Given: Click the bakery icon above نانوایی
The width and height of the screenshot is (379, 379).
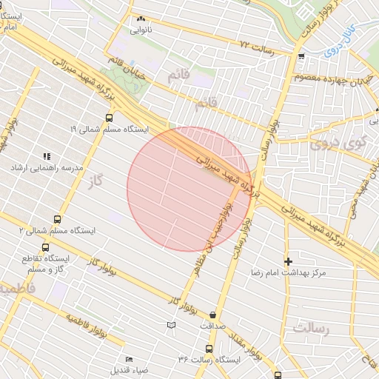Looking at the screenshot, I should point(141,19).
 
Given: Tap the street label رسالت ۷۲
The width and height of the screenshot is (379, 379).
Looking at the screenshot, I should point(256,46).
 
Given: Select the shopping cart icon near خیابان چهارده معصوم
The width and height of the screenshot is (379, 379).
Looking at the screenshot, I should point(301,56).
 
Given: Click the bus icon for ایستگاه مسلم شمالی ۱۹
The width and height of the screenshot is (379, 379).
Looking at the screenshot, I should point(110,118).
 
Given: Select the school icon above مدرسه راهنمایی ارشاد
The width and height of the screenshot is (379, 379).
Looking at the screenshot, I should point(46,156).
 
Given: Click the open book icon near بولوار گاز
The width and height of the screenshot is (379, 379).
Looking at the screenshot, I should point(172,324).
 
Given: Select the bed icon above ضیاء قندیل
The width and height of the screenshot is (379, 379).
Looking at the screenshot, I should point(129,358).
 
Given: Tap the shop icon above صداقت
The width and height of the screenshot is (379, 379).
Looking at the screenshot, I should point(213,314).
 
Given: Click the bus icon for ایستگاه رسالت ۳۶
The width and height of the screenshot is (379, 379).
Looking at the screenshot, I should point(209,348).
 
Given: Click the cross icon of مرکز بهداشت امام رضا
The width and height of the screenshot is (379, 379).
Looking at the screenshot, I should point(288,261).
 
